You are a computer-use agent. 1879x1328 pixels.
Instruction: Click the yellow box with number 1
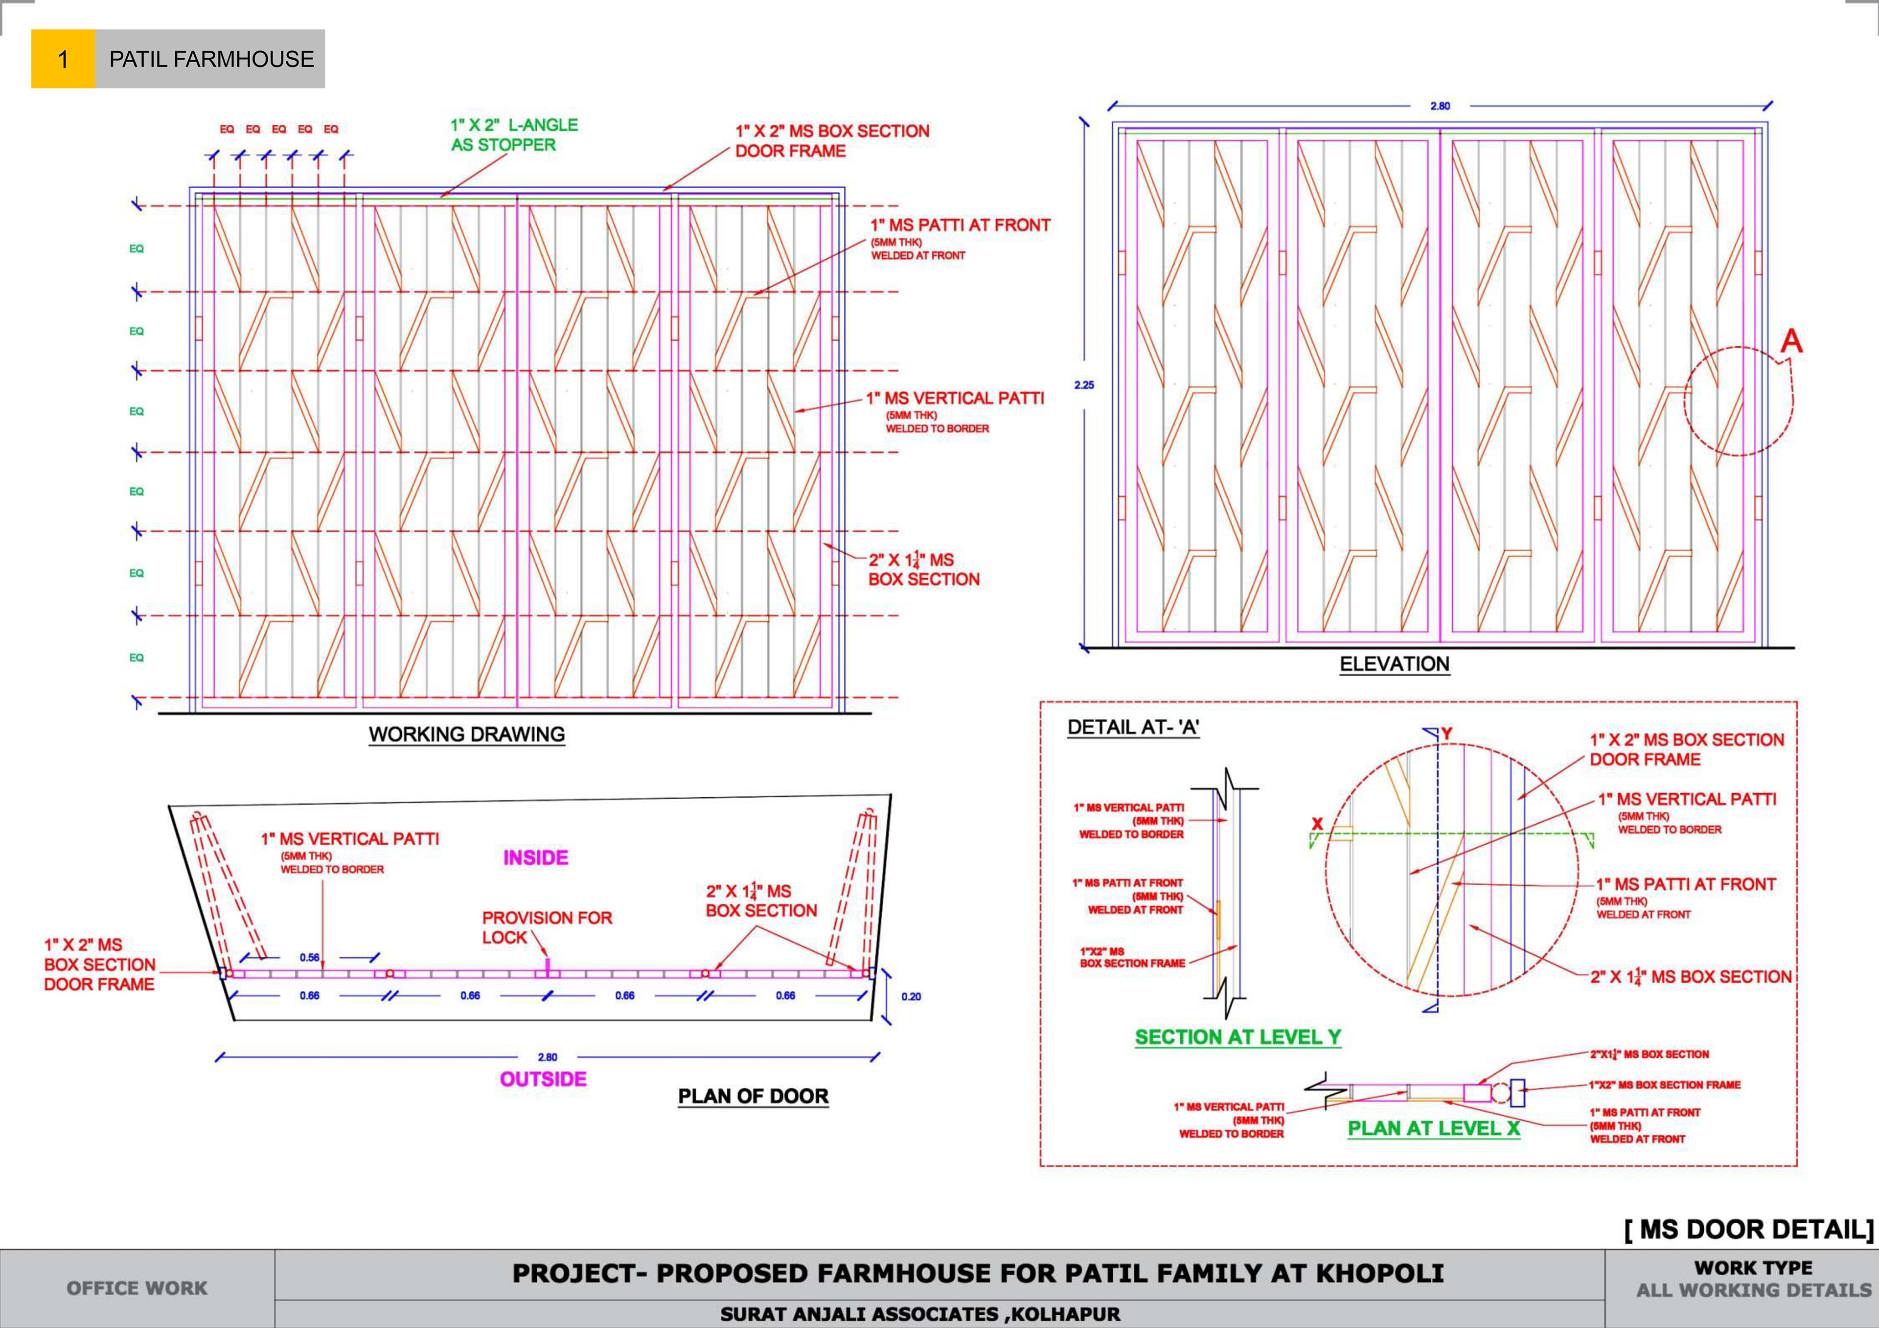63,59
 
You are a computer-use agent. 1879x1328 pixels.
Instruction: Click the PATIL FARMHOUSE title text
211,59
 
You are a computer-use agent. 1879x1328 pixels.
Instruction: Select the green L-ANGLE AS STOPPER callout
514,135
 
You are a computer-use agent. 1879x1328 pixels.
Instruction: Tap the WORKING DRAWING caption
466,734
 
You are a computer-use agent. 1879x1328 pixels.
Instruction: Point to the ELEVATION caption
1394,664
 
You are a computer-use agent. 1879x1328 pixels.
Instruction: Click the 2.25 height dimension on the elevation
1083,384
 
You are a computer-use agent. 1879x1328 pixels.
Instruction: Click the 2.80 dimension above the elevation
1440,106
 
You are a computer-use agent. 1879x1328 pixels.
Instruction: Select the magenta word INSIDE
535,857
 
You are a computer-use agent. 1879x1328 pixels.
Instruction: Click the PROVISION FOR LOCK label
547,927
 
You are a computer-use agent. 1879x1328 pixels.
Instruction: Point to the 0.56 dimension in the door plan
309,957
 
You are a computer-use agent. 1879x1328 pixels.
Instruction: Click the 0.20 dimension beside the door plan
911,997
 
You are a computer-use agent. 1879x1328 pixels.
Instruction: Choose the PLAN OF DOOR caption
753,1096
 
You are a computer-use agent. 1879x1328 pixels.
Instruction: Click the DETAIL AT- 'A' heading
1133,727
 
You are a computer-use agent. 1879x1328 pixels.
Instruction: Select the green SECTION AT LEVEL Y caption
1237,1036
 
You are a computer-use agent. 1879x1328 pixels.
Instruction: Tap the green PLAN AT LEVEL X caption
1433,1128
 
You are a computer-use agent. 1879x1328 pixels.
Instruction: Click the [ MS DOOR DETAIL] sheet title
1748,1229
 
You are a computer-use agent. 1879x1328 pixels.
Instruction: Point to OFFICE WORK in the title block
137,1288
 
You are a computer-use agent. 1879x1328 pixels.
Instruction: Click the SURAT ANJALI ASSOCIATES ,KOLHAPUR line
920,1314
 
